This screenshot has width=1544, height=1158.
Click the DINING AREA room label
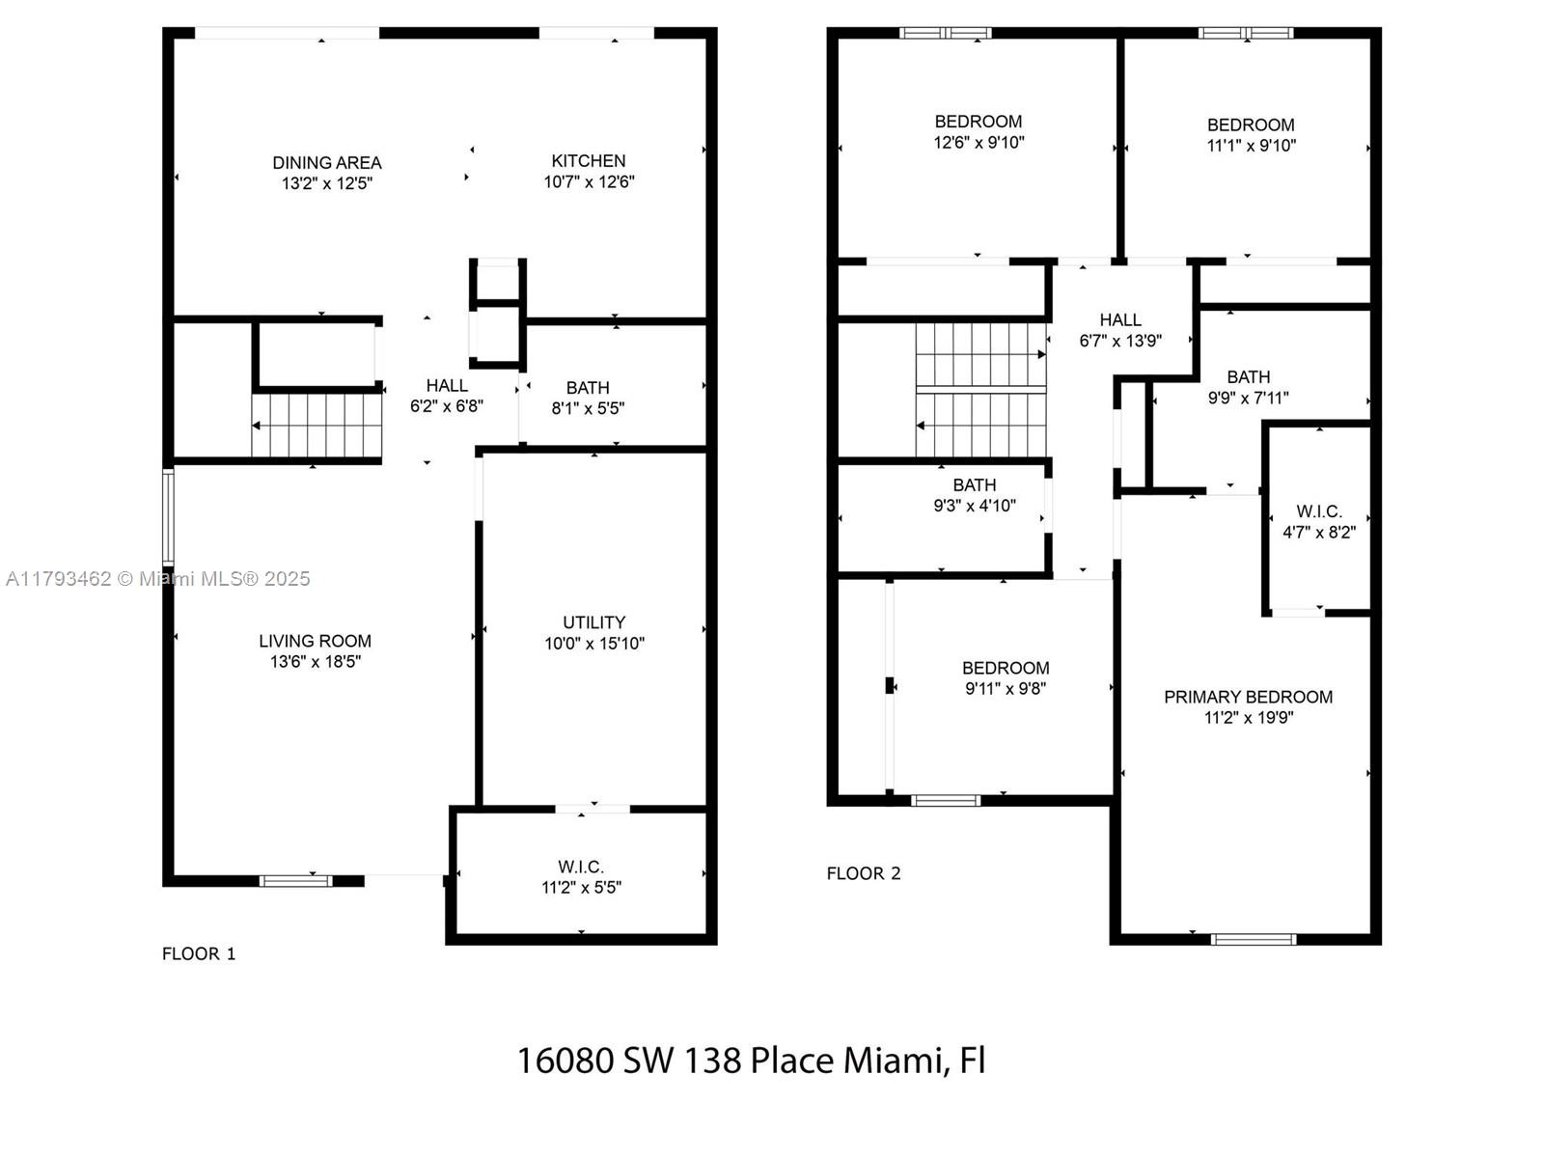pos(327,163)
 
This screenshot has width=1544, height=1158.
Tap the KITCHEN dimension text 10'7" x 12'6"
pos(589,182)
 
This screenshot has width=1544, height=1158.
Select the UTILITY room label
pos(593,622)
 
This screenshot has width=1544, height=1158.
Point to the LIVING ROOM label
pos(316,641)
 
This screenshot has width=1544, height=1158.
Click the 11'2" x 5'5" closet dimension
pos(581,887)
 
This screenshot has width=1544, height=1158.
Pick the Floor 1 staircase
pos(317,426)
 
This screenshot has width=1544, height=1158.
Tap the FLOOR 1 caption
pos(199,953)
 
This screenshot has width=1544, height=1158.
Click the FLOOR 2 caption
pos(863,873)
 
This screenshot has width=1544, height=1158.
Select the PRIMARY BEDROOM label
pos(1248,697)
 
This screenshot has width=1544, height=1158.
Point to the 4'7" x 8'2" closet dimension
pos(1319,533)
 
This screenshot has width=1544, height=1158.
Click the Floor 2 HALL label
pos(1120,320)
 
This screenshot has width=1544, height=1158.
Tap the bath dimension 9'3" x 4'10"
pos(975,506)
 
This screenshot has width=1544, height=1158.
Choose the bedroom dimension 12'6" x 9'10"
pos(979,143)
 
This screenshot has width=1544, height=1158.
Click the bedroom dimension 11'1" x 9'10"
pos(1252,146)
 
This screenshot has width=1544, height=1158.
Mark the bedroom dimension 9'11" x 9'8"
pos(1006,688)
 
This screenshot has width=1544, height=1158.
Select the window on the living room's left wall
pos(168,517)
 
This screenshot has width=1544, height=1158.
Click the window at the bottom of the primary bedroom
pos(1254,939)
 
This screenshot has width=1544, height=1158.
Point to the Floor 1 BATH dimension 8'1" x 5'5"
pos(588,408)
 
